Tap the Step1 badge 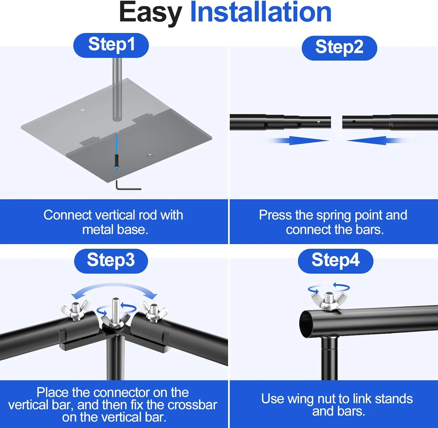(111, 45)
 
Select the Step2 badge (339, 48)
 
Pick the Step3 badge (111, 261)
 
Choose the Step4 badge (336, 261)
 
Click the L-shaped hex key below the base (128, 186)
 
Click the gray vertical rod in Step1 (117, 89)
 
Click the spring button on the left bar (319, 122)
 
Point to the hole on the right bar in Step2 (354, 122)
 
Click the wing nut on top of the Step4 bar (329, 301)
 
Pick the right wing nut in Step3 (154, 312)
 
